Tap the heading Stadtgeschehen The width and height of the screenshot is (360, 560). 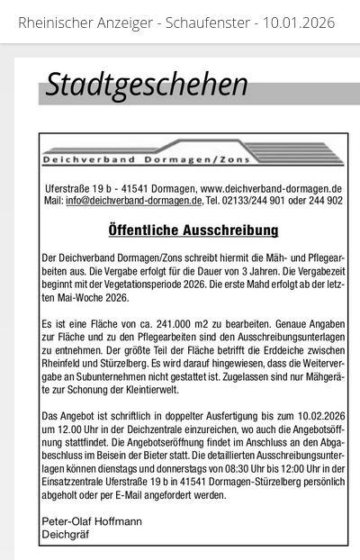[146, 84]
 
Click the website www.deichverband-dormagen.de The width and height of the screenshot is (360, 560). [270, 188]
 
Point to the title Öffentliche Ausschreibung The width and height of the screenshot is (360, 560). [193, 230]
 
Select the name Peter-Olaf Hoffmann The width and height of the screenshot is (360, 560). [92, 522]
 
